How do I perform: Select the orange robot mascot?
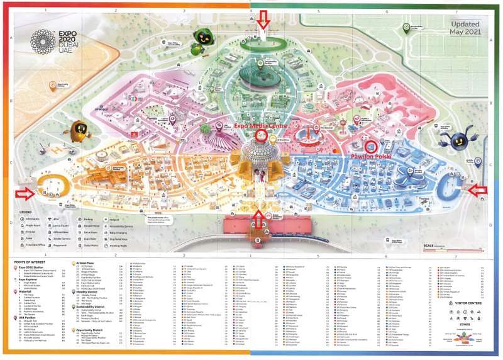80,132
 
